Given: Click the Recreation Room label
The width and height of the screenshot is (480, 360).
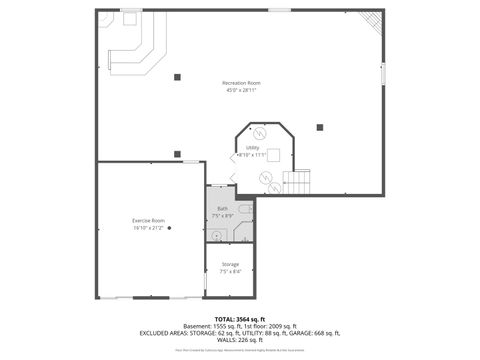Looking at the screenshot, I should point(241,82).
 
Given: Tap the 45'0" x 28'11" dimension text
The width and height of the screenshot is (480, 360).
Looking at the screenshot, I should point(241,90).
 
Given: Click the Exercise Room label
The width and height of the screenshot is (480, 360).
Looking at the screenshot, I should point(148,220).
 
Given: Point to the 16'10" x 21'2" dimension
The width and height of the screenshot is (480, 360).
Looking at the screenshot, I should point(147,228).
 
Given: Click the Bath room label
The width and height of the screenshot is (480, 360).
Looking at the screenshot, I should point(222,209).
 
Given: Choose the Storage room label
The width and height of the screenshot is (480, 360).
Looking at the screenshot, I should point(230,264).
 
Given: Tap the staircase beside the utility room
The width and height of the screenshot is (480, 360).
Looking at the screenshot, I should point(298,181).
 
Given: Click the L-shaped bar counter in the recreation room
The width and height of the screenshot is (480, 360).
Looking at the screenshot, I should point(132,45).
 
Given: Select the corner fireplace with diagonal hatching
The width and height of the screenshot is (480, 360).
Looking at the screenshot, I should point(370,21).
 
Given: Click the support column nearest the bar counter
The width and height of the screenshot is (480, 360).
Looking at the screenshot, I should point(176,77).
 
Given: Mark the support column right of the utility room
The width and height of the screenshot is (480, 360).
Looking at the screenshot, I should point(320,127).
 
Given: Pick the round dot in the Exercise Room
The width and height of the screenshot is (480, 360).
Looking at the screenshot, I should point(170,228).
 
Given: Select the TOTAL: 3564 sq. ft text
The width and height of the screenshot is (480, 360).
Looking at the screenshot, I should point(240,317).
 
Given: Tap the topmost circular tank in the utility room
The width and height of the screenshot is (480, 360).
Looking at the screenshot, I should point(258,133).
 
